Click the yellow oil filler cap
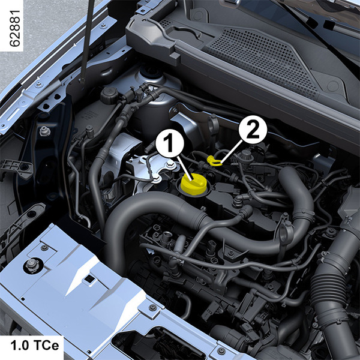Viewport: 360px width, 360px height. [194, 184]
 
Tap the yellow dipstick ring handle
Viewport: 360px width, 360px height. [214, 160]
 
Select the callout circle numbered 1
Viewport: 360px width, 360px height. [170, 143]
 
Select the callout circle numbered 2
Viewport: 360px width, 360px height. [253, 130]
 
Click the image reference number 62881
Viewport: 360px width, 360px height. [14, 28]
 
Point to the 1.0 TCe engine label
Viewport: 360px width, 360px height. [35, 346]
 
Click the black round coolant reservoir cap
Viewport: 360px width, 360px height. [109, 95]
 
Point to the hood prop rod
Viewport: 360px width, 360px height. [88, 41]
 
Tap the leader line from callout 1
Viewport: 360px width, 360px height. [184, 168]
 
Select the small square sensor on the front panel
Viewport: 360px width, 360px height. [89, 279]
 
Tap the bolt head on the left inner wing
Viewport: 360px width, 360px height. [45, 131]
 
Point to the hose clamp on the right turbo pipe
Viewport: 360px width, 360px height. [304, 215]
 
